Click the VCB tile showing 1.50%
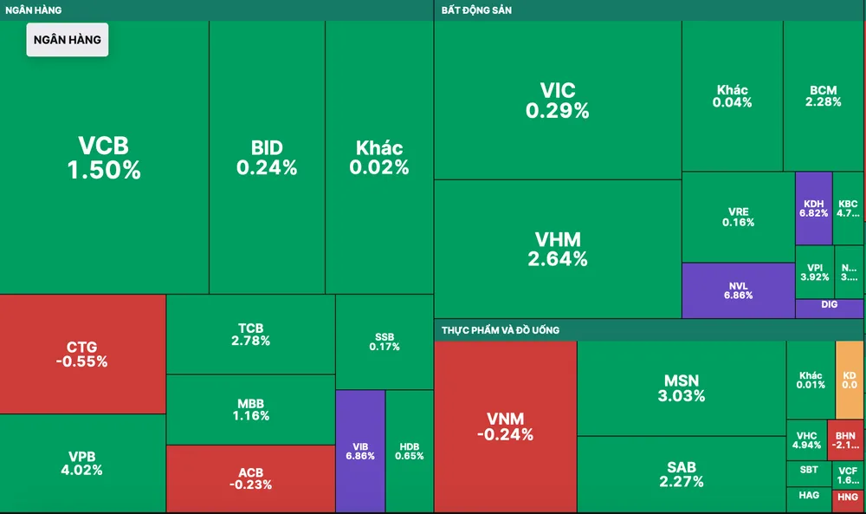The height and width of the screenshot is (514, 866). point(104,158)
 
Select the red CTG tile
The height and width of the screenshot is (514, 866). point(82,355)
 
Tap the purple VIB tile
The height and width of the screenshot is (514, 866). point(359,450)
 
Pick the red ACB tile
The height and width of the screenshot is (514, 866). point(249,478)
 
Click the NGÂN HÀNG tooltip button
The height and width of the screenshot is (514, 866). point(68,40)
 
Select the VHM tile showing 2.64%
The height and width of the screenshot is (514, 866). point(557,249)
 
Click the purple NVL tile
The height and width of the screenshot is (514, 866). point(738,289)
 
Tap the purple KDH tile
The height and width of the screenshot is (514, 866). point(813,208)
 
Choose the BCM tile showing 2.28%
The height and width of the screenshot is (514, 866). point(824,95)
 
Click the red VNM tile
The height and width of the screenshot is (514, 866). point(505,426)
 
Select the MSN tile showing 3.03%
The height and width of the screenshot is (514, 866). point(682,387)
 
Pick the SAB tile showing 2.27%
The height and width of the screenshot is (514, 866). point(682,474)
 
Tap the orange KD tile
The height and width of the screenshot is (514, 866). point(849,380)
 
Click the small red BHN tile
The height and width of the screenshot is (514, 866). point(845,439)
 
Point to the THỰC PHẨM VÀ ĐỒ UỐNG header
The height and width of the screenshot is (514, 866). point(501,330)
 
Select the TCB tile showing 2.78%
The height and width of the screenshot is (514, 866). point(250,334)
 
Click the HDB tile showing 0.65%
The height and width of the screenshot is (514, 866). point(410,451)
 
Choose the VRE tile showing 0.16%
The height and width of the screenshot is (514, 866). point(738,217)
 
